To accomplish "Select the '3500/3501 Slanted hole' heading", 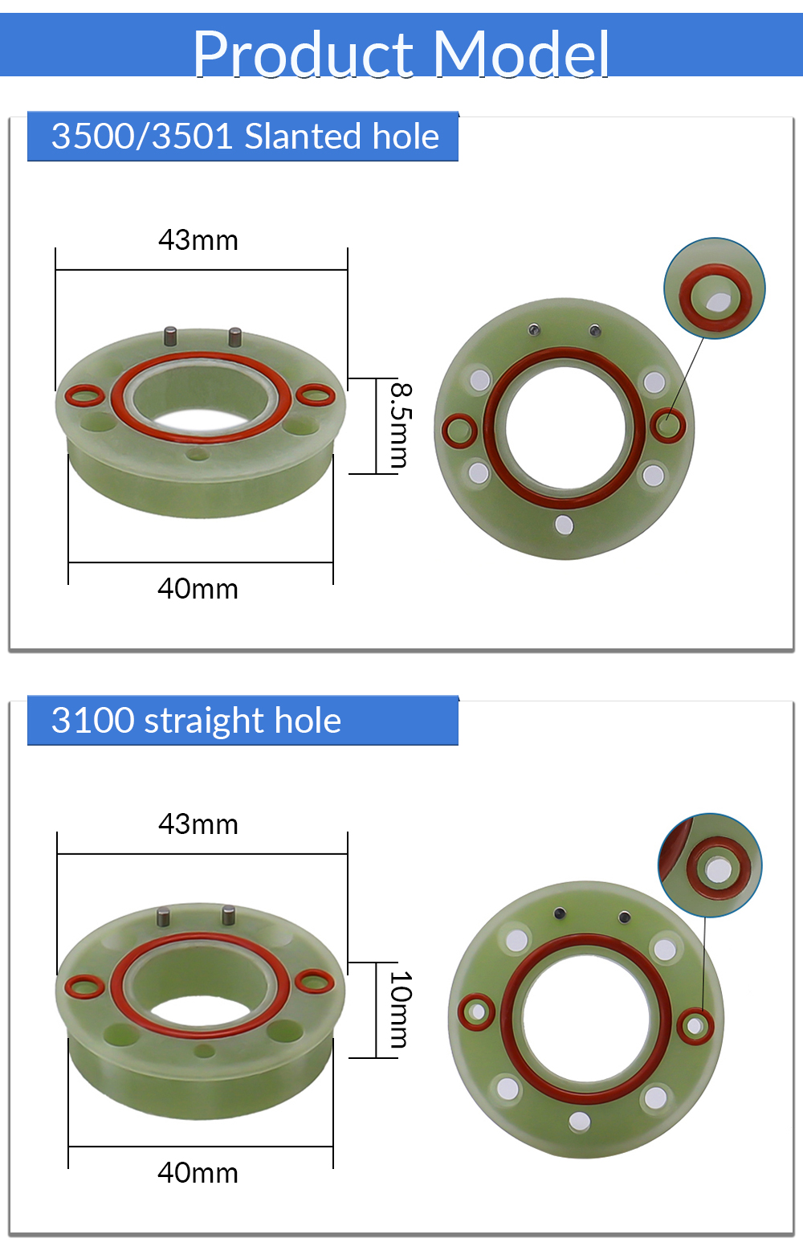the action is (x=245, y=137).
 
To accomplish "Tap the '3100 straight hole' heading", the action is (x=196, y=721).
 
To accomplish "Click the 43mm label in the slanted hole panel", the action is (x=198, y=240).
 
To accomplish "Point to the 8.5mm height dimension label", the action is (x=401, y=426).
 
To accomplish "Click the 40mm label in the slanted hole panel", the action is (x=198, y=589).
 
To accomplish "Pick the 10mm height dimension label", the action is (x=401, y=1009).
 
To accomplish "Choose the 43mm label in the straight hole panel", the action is (x=198, y=824).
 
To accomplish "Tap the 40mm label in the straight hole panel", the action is (x=198, y=1174).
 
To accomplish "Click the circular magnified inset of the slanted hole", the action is (x=714, y=288).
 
